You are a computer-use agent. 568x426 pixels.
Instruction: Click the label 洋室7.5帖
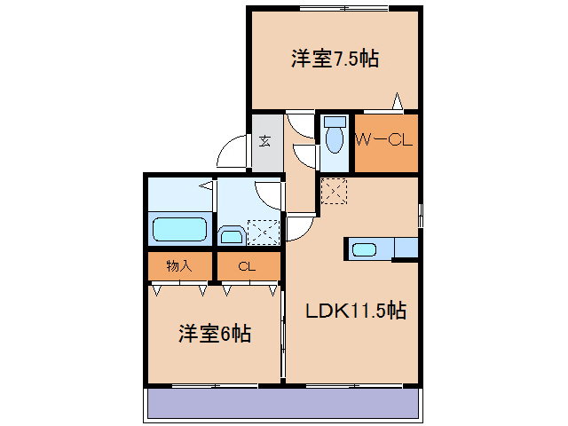pos(335,59)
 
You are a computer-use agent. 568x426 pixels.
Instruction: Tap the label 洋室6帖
pos(214,334)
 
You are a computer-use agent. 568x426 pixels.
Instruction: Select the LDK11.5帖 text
pos(356,311)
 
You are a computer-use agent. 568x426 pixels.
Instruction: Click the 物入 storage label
pos(180,265)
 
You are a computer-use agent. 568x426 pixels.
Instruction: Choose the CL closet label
pos(247,265)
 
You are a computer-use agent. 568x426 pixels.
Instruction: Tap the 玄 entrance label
pos(265,139)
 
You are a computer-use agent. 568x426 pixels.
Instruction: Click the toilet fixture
pos(335,138)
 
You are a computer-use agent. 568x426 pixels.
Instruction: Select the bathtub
pos(180,229)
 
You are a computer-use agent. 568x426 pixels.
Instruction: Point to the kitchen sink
pos(365,248)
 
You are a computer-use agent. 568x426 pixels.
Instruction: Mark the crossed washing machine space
pos(263,231)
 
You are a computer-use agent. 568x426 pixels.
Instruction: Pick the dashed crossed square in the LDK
pos(334,191)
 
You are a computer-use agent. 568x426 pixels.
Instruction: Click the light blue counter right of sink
pos(406,248)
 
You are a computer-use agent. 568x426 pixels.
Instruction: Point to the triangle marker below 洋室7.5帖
pos(398,101)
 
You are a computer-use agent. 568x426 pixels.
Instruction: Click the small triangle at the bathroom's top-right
pos(205,186)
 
